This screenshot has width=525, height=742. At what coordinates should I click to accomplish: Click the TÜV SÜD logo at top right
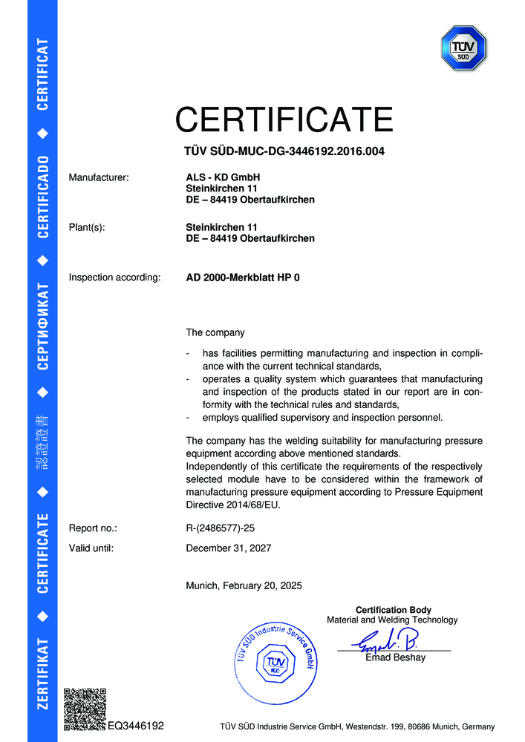[x=463, y=49]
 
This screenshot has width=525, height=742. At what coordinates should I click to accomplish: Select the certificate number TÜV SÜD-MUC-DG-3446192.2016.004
[x=284, y=152]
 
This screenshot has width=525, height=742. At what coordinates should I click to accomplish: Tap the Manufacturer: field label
[x=99, y=177]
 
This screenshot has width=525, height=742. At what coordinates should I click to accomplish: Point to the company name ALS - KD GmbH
[x=223, y=177]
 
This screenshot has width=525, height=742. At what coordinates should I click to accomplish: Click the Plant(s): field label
[x=87, y=227]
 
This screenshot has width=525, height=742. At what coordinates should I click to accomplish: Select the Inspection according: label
[x=114, y=278]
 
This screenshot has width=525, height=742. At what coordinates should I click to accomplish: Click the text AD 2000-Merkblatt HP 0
[x=243, y=278]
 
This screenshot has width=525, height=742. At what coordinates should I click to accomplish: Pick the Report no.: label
[x=93, y=528]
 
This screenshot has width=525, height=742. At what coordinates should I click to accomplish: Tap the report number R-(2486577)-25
[x=222, y=528]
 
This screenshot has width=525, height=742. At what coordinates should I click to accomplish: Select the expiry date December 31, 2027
[x=228, y=548]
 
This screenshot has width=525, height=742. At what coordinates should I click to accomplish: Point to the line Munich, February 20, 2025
[x=244, y=585]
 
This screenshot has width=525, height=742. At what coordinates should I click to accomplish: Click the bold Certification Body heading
[x=393, y=610]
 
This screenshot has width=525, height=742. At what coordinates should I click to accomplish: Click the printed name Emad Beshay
[x=395, y=657]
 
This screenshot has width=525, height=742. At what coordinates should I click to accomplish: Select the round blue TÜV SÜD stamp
[x=276, y=659]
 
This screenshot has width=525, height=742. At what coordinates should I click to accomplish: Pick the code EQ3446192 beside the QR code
[x=136, y=726]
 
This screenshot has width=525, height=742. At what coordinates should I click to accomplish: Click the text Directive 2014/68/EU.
[x=233, y=505]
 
